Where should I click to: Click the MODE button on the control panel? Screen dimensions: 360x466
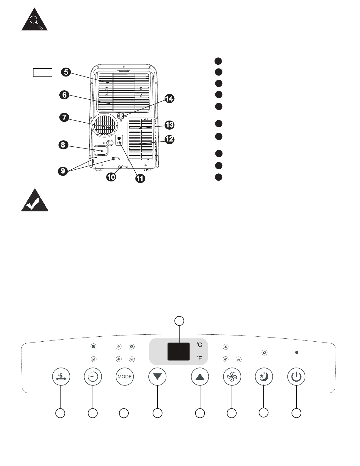point(125,377)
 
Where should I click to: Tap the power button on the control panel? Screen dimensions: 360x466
point(296,377)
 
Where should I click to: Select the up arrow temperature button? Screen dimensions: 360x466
point(200,377)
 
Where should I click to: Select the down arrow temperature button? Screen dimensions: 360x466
point(158,377)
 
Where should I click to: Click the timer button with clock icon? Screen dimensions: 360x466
point(93,377)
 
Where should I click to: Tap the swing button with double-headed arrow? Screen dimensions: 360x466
point(61,377)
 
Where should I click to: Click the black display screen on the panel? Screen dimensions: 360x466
point(178,351)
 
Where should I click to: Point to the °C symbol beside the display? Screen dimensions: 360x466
point(200,345)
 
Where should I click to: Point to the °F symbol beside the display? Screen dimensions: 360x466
point(200,358)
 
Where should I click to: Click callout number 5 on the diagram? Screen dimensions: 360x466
point(66,72)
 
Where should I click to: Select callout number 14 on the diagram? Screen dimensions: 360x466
point(169,99)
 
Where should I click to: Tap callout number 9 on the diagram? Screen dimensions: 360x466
point(63,171)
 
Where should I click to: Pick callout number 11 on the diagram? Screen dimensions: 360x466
point(140,178)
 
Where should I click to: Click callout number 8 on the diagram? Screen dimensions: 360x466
point(63,145)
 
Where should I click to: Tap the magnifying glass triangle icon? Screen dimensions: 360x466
point(34,19)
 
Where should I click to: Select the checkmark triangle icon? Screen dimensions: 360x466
point(35,200)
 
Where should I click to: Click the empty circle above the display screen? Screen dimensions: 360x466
point(179,321)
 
